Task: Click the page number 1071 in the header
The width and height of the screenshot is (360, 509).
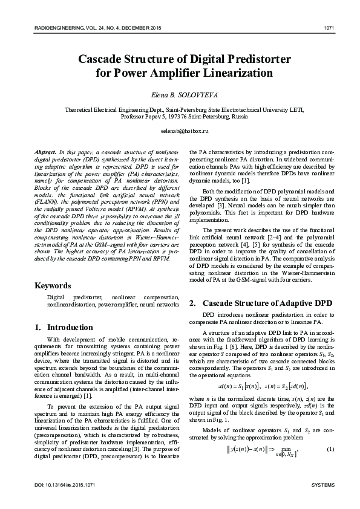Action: point(329,27)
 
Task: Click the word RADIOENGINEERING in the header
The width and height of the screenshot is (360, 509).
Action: point(51,27)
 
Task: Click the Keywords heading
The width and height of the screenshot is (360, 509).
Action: point(54,285)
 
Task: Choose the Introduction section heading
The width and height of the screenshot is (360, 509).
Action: point(64,328)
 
